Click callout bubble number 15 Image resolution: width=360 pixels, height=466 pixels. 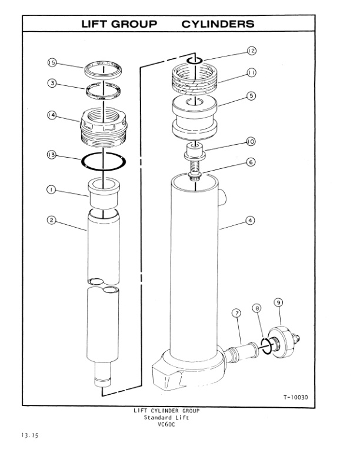51,63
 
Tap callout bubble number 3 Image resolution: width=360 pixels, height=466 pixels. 51,84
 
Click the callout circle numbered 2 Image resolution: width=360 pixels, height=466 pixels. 51,220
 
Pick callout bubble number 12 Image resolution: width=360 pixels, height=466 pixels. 251,51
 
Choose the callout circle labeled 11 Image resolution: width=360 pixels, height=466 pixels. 251,73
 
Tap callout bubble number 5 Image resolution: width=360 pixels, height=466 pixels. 251,95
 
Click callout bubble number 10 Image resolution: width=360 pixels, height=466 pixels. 251,141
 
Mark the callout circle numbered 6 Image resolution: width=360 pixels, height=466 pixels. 251,162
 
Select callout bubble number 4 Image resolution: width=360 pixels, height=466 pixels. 251,220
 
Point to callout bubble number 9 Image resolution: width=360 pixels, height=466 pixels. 279,302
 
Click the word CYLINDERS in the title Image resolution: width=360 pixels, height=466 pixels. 218,24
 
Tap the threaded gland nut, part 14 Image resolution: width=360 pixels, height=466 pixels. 104,127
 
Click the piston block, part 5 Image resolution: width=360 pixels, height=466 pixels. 193,118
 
